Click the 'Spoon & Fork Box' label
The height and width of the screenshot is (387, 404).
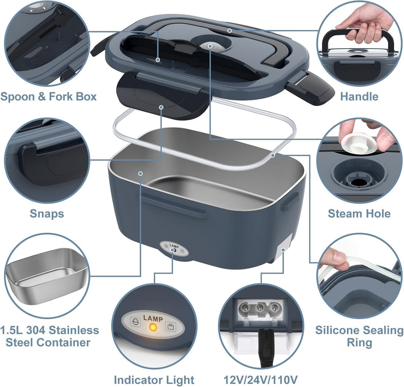tap(49, 97)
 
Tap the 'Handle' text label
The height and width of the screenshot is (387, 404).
tap(359, 97)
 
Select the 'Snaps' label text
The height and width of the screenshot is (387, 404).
tap(47, 214)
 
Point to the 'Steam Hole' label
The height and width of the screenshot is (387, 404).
tap(359, 214)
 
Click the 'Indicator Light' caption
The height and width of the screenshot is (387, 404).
tap(153, 379)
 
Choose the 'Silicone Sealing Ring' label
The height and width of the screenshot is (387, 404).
tap(359, 336)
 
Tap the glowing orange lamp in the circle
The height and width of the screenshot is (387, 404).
tap(152, 328)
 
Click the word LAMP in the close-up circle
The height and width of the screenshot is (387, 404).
tap(152, 317)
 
